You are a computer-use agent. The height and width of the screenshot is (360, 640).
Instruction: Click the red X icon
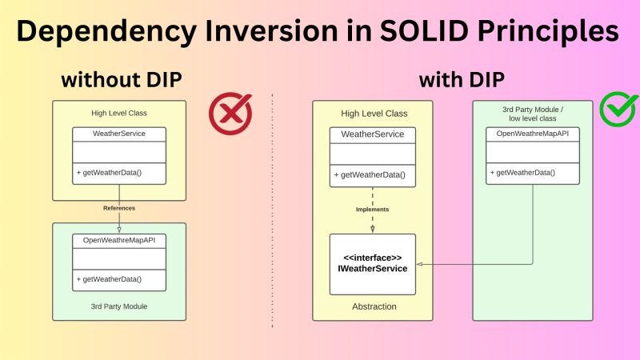coord(230,114)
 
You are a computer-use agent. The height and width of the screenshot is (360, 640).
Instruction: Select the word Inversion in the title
coord(259,32)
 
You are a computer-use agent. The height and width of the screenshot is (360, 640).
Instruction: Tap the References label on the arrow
coord(119,208)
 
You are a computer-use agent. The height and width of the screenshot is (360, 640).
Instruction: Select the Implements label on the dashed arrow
coord(373,210)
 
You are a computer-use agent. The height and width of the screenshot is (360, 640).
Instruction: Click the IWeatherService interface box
coord(373,263)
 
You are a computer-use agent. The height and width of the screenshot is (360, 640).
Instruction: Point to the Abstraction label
coord(373,306)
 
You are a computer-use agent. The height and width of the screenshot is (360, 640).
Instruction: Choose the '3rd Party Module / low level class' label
coord(533,114)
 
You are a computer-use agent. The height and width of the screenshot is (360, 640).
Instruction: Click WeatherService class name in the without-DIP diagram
coord(119,134)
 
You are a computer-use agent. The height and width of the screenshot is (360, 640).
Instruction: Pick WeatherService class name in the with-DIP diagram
coord(373,134)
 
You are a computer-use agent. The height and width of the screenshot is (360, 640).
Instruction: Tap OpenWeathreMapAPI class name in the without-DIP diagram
coord(119,240)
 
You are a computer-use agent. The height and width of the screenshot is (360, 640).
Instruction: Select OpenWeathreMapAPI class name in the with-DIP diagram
coord(533,134)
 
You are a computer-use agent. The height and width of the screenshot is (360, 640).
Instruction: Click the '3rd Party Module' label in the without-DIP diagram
coord(119,306)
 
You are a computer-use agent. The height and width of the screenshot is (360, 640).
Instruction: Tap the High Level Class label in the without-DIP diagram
coord(119,113)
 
